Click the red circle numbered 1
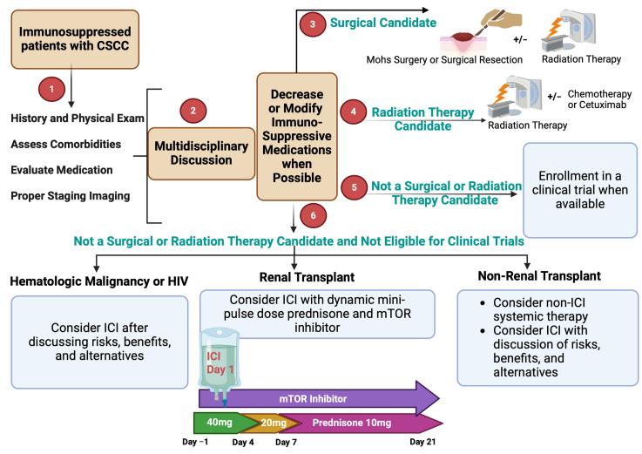(x=51, y=90)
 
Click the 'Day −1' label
(x=201, y=443)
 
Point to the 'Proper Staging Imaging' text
(x=70, y=196)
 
